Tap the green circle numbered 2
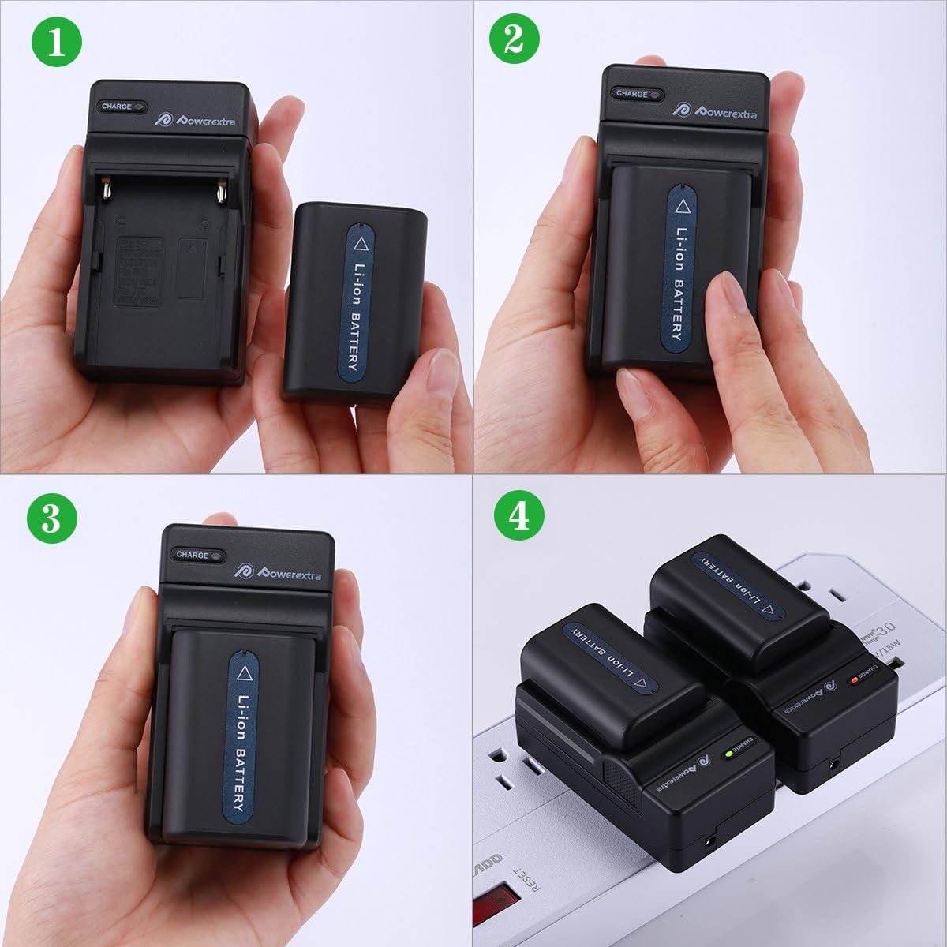coord(515,38)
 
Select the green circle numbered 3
coord(52,518)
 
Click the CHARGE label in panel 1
coord(117,107)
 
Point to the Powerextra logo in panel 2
coord(715,110)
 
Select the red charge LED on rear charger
coord(854,679)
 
